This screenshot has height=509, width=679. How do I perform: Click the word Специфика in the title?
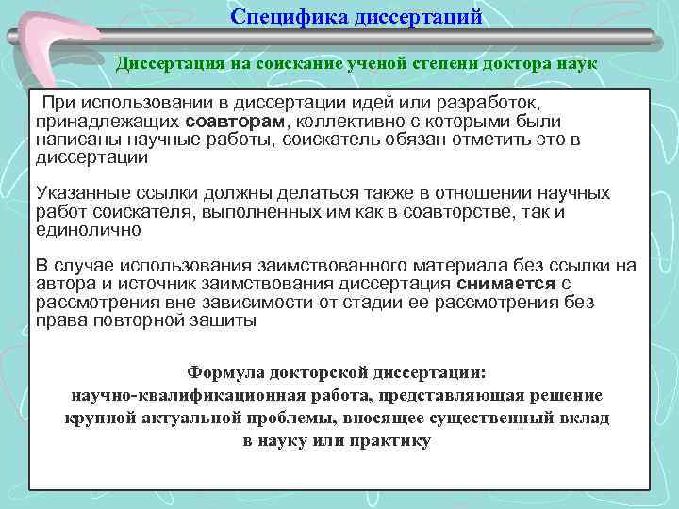[x=285, y=17]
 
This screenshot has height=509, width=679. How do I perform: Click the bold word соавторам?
[x=240, y=122]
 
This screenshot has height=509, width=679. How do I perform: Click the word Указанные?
[x=78, y=193]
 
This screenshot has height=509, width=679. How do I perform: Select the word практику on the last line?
[x=389, y=440]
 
